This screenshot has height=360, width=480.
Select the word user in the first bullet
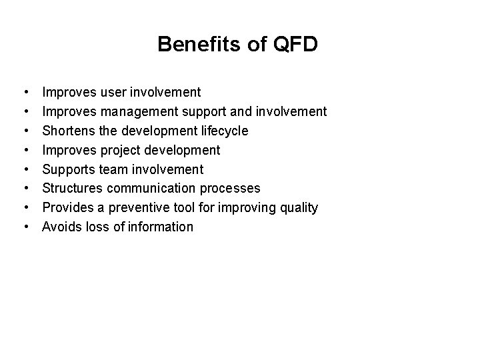click(x=114, y=91)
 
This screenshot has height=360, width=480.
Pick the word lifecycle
click(x=223, y=130)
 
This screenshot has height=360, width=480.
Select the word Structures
click(x=72, y=188)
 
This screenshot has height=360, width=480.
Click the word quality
click(x=297, y=207)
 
